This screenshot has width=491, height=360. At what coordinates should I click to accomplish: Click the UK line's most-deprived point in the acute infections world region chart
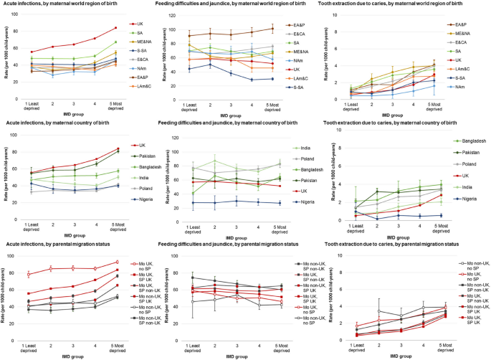click(x=115, y=28)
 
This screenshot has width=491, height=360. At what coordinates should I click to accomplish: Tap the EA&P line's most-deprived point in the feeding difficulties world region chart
click(x=272, y=28)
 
